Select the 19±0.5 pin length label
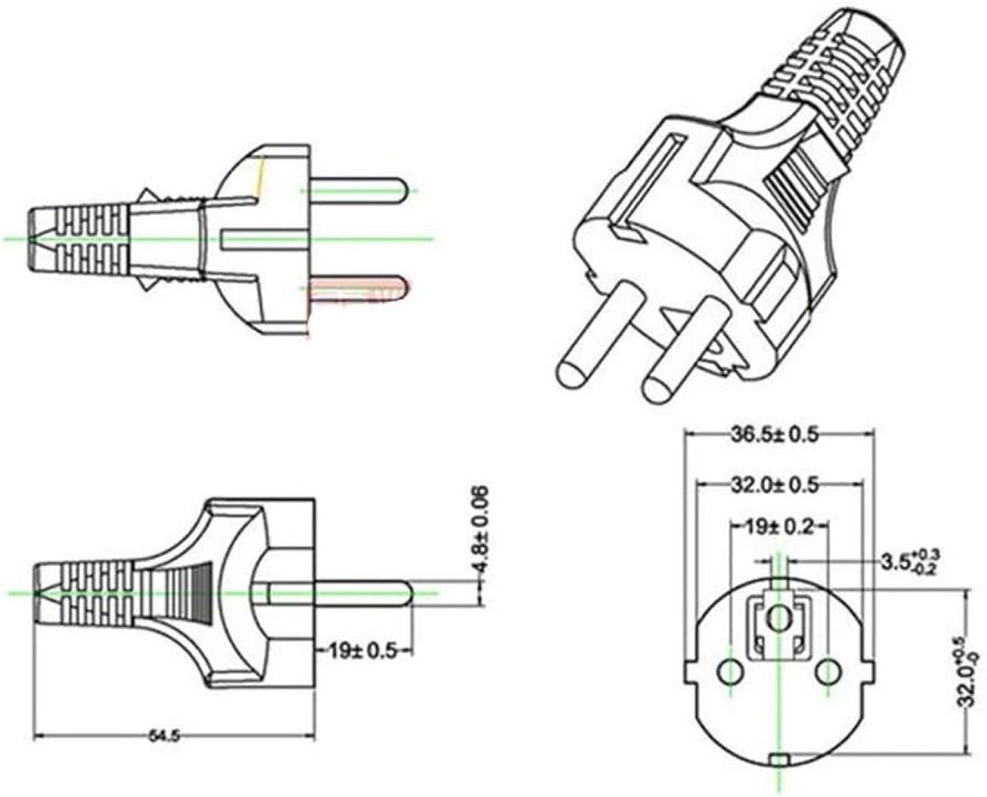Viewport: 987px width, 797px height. click(363, 650)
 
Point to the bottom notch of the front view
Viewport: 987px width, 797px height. click(779, 758)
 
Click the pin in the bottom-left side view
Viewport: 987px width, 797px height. click(343, 593)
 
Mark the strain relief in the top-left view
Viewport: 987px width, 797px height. click(79, 238)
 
